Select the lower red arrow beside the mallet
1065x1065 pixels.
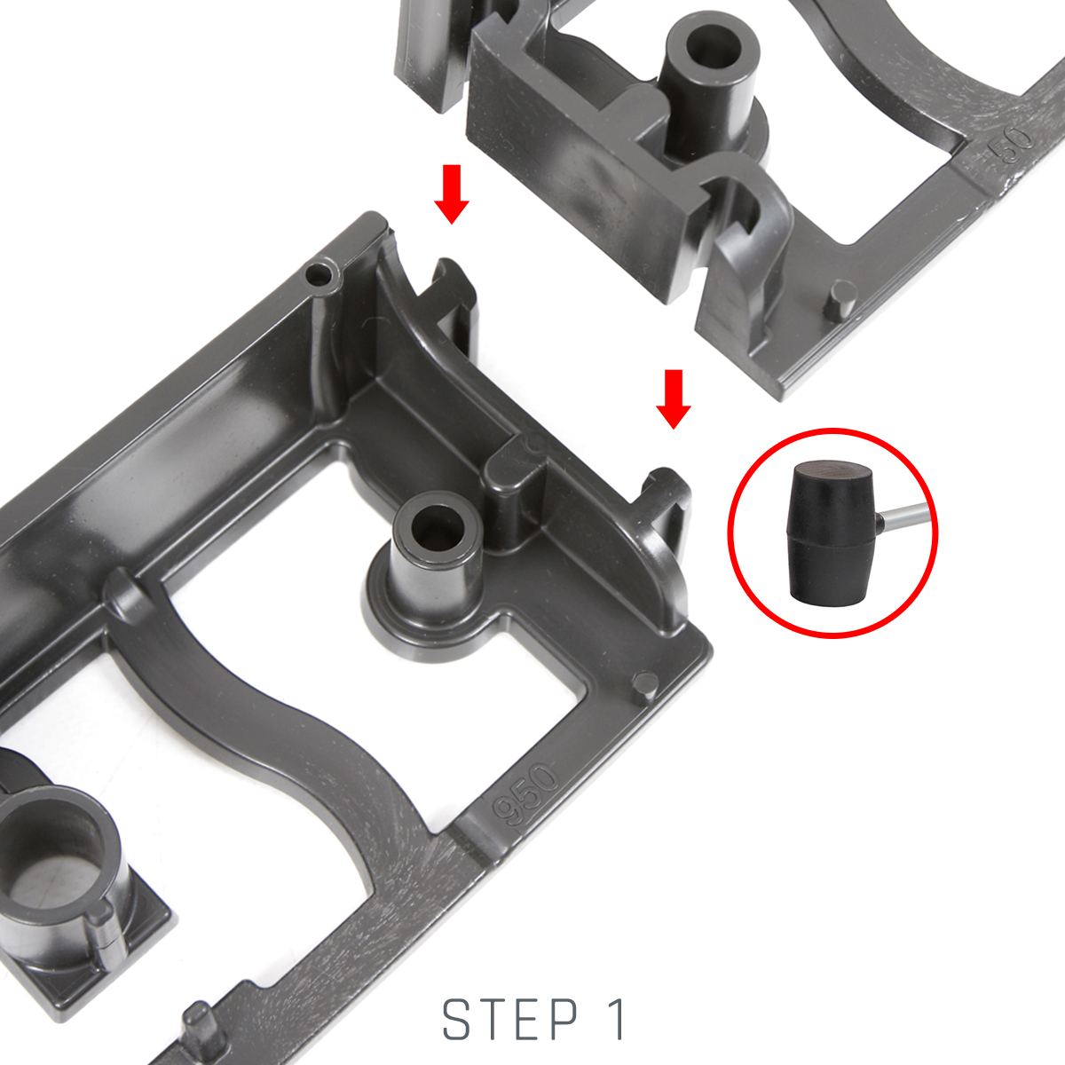point(673,399)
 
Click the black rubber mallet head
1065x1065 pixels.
point(832,533)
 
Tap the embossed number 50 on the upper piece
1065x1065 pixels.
point(1010,139)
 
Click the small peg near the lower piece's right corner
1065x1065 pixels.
point(644,686)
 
